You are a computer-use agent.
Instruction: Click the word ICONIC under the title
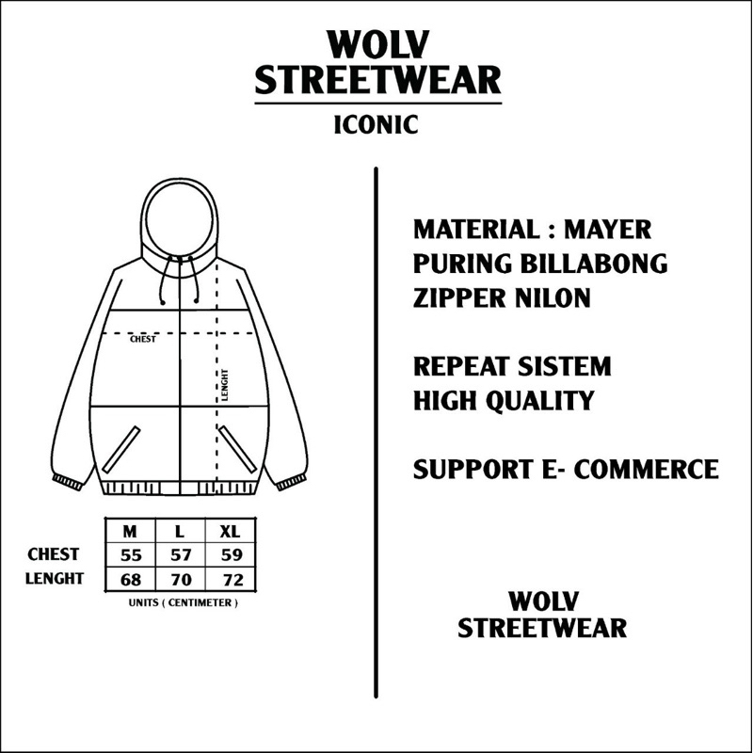tap(376, 124)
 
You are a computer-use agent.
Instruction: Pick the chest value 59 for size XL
tap(232, 555)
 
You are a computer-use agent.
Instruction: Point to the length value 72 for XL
tap(232, 578)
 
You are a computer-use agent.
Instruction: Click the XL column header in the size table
tap(232, 532)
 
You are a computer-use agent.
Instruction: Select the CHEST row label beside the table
tap(55, 555)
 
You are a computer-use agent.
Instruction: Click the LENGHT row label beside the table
tap(55, 578)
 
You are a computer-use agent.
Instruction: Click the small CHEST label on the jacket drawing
tap(143, 340)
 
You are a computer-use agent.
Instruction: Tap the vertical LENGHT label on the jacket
tap(225, 385)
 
